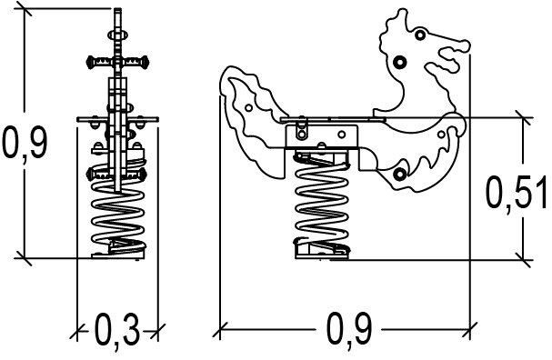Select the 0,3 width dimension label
pyautogui.click(x=117, y=330)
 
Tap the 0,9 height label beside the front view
pyautogui.click(x=25, y=140)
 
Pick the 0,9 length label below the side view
pyautogui.click(x=349, y=329)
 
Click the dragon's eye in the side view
pyautogui.click(x=419, y=35)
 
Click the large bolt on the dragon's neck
pyautogui.click(x=399, y=63)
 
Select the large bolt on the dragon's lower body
pyautogui.click(x=399, y=174)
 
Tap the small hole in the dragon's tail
pyautogui.click(x=248, y=107)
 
